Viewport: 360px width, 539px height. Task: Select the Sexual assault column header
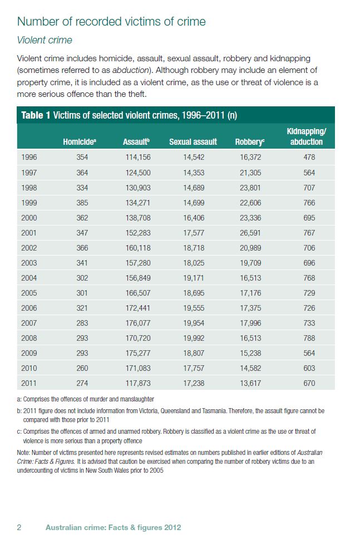click(193, 142)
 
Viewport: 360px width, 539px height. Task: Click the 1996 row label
click(29, 158)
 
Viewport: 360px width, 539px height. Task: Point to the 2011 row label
click(29, 383)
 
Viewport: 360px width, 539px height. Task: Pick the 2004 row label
click(29, 278)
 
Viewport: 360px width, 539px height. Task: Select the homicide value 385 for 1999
click(82, 203)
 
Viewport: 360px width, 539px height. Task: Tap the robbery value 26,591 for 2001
click(248, 233)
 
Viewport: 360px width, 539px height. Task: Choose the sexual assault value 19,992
click(194, 338)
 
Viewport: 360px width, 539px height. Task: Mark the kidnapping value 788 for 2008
click(309, 338)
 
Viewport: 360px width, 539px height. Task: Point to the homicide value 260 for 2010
click(82, 368)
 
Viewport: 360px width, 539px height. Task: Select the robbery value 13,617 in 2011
click(248, 383)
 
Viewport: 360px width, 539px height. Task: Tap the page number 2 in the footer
click(19, 527)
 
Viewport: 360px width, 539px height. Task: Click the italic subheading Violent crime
click(45, 40)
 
